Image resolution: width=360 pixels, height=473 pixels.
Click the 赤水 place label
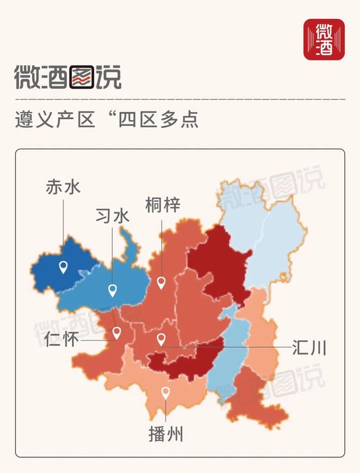(63, 187)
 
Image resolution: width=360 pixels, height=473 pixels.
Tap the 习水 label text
(113, 216)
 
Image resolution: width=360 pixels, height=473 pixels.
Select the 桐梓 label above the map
(162, 205)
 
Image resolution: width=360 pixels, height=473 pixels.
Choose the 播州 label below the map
(166, 434)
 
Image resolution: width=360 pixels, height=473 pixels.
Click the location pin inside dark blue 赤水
(63, 267)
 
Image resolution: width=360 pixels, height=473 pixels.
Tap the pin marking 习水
(113, 290)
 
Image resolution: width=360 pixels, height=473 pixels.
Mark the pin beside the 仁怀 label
(117, 333)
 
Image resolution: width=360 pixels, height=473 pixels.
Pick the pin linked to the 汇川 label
(161, 339)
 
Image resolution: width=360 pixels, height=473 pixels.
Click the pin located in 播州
(166, 393)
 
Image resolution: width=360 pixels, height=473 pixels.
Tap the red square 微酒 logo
(324, 39)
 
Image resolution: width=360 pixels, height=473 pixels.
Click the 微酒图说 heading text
(68, 78)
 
